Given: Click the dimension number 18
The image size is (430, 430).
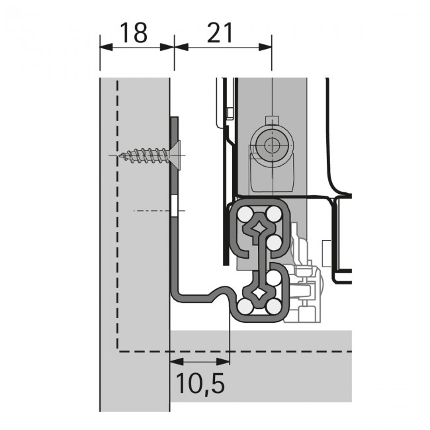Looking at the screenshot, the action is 134,33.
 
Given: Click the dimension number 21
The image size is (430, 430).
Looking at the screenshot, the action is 220,33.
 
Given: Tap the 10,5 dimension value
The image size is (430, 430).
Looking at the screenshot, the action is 200,384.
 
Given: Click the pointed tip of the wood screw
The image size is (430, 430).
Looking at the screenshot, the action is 119,155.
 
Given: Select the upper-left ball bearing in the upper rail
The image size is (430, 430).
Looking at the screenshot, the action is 245,214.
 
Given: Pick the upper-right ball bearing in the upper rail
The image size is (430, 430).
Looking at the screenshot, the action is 274,214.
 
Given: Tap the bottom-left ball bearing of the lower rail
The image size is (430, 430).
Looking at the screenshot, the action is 245,306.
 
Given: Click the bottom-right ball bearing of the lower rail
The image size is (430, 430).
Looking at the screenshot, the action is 274,306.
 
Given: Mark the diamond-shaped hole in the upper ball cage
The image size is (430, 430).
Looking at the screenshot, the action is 259,227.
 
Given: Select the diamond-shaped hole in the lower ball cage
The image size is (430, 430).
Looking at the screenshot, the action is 259,294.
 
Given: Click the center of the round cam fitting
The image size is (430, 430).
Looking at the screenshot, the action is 272,146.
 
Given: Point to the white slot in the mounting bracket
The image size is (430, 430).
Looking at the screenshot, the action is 175,206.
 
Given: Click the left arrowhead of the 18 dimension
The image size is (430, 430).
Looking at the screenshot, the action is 106,47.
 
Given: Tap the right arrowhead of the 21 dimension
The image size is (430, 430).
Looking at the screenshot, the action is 265,47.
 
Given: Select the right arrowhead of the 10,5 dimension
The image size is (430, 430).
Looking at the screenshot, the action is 223,362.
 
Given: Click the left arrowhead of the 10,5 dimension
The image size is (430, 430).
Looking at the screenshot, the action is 177,362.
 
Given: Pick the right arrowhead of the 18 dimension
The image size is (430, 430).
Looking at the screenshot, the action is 167,47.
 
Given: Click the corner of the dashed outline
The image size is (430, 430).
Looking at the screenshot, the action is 118,351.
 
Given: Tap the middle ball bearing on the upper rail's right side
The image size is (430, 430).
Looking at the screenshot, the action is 274,243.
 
